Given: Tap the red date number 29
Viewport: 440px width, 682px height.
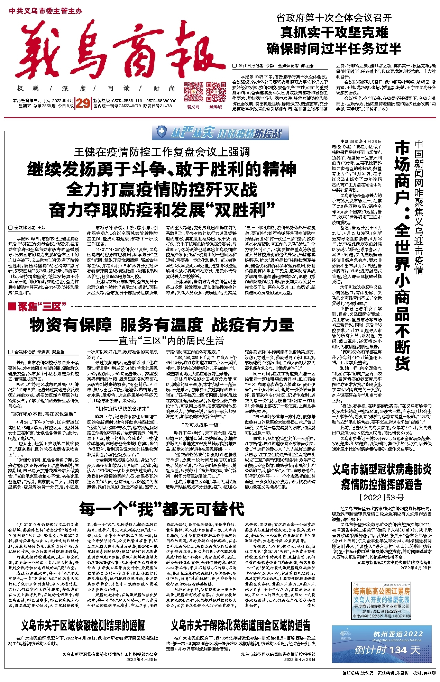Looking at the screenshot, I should click(83, 103).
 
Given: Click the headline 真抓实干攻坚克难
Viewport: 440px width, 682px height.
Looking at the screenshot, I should click(334, 33).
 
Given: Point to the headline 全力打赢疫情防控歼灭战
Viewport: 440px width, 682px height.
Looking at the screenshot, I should click(162, 190).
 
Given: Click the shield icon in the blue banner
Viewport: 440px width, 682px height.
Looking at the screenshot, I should click(161, 132).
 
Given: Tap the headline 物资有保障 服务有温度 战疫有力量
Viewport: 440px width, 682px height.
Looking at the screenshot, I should click(162, 325).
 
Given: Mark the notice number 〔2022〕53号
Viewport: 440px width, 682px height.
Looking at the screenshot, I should click(382, 498).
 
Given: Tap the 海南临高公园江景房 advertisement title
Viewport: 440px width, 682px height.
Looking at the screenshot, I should click(382, 591).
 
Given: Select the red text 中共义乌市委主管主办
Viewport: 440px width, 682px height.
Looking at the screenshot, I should click(46, 11).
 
